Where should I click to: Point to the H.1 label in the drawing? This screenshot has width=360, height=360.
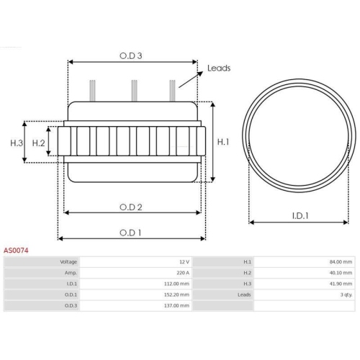tap(223, 143)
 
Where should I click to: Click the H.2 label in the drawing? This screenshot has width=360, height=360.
tap(39, 143)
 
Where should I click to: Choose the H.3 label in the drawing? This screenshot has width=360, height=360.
tap(17, 143)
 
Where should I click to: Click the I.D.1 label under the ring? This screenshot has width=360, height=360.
tap(301, 215)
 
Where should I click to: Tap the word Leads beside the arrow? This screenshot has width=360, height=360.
tap(219, 68)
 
